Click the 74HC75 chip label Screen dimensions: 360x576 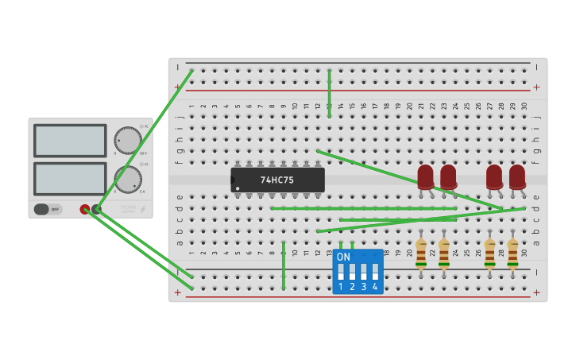point(277,180)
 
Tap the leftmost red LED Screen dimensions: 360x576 point(426,176)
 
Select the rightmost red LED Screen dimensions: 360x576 point(517,176)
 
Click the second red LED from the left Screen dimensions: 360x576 point(448,176)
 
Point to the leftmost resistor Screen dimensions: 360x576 point(421,252)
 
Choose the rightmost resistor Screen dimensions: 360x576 point(512,252)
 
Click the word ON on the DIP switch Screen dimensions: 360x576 point(343,257)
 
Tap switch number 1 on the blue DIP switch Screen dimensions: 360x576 point(341,272)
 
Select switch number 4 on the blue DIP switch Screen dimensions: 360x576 point(375,272)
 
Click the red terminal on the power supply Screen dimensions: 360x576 point(85,209)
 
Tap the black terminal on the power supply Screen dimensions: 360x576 point(96,209)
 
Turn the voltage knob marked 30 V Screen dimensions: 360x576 point(127,141)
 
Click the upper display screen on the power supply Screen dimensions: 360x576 point(70,141)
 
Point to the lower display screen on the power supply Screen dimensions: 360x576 point(70,179)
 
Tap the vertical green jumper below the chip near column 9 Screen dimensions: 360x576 point(284,265)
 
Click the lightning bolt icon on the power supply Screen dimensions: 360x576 point(143,210)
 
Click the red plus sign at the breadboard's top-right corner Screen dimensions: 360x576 point(536,87)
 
